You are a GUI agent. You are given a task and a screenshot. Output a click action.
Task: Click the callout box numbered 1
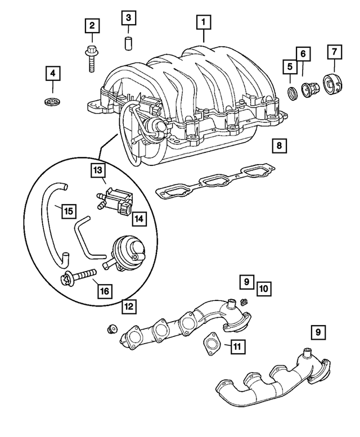coord(203,23)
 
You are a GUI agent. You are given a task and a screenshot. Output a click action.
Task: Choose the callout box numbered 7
coord(334,52)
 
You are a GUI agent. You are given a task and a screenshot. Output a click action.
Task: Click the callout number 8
coord(278,146)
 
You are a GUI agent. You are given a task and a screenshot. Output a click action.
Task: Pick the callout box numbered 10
coord(263,289)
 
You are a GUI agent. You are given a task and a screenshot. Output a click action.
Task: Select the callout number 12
coord(129,307)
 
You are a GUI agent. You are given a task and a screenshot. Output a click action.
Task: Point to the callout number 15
coord(68,211)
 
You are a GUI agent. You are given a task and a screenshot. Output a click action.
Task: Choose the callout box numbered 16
coord(105,291)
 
